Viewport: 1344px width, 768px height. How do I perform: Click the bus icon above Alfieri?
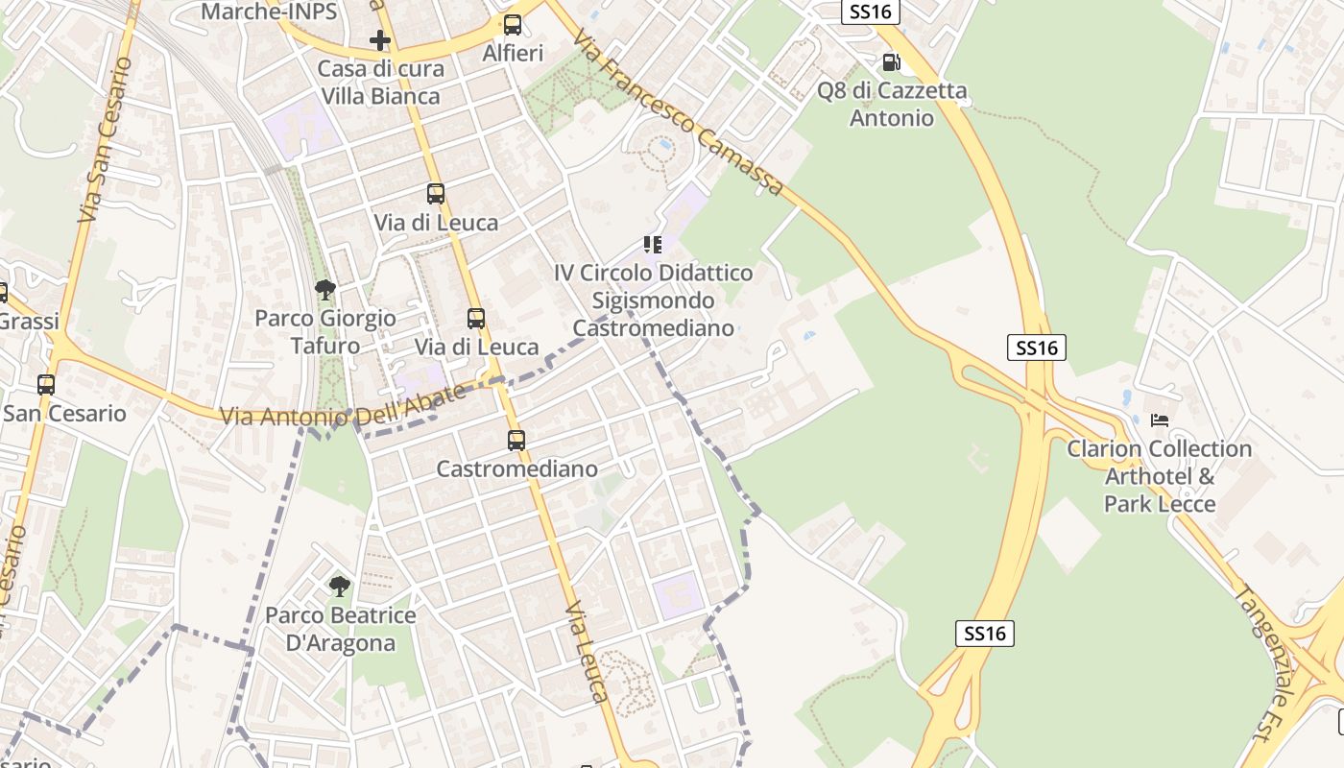tap(513, 25)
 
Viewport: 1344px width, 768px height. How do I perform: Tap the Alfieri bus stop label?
tap(513, 54)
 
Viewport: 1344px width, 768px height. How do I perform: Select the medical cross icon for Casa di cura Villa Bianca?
tap(380, 40)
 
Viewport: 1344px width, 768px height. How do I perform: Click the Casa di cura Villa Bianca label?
tap(381, 83)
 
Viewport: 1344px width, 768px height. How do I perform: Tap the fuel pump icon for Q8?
tap(891, 62)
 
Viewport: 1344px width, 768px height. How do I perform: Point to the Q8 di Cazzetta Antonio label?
tap(892, 105)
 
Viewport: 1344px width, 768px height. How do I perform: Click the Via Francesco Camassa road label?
tap(678, 113)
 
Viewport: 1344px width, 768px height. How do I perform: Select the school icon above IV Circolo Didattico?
tap(653, 245)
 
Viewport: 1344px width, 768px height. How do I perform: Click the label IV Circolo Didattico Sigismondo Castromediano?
tap(654, 300)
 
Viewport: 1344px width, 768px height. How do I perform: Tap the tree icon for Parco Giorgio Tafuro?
tap(325, 289)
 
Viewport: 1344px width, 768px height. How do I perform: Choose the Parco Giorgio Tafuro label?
tap(325, 331)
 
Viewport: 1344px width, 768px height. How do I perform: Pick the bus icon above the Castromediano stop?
tap(516, 441)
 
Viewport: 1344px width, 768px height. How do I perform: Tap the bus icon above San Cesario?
tap(46, 385)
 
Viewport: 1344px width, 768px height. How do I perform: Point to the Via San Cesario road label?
tap(105, 140)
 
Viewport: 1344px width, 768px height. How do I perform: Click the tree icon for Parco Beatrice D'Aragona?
tap(339, 586)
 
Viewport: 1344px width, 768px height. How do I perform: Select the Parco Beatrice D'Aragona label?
tap(341, 629)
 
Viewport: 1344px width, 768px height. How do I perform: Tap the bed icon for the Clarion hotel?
tap(1160, 420)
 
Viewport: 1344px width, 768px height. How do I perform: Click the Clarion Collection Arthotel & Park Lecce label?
tap(1160, 476)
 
